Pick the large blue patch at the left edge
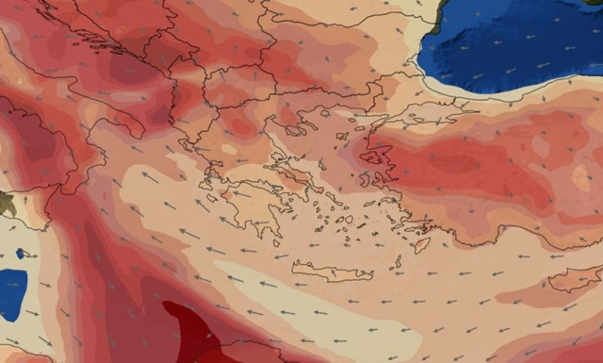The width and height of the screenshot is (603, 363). pyautogui.click(x=11, y=292)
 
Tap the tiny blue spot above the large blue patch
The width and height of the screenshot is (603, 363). pyautogui.click(x=21, y=254)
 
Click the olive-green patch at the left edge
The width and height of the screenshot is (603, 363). pyautogui.click(x=6, y=202)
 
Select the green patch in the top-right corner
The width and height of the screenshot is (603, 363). pyautogui.click(x=594, y=3)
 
